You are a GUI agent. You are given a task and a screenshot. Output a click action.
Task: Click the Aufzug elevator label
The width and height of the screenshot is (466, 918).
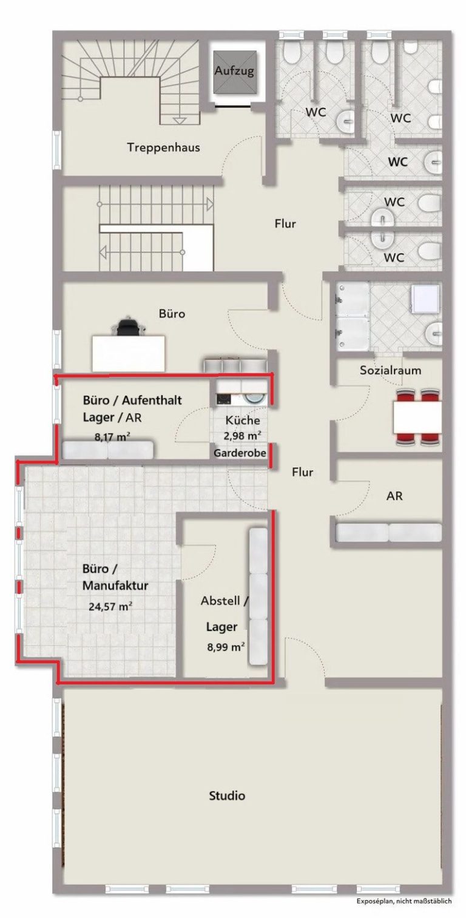[x=234, y=71]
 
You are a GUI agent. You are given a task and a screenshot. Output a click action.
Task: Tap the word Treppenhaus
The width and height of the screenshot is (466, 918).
[x=164, y=147]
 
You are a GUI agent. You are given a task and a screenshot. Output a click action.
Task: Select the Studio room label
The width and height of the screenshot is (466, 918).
[x=227, y=795]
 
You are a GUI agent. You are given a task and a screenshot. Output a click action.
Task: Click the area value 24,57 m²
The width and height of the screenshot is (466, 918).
[x=110, y=606]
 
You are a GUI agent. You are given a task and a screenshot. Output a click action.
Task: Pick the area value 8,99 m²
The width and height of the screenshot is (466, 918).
[x=226, y=647]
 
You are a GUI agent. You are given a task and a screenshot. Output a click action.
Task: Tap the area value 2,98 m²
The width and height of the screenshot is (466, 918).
[x=243, y=436]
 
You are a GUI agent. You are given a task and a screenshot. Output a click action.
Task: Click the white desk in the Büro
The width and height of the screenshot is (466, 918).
[x=129, y=353]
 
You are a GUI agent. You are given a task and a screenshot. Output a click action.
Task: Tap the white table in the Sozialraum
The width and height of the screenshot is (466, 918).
[x=417, y=417]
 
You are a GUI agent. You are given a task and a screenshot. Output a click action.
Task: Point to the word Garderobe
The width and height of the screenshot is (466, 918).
[x=240, y=453]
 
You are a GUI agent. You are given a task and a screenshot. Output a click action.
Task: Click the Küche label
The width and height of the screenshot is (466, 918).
[x=243, y=420]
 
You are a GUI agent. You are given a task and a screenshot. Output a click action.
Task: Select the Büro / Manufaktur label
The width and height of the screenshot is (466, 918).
[x=115, y=577]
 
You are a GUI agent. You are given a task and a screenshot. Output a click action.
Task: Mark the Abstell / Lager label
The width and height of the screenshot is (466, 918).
[x=224, y=613]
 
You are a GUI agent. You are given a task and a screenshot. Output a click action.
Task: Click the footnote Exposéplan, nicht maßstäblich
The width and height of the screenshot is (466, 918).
[x=404, y=909]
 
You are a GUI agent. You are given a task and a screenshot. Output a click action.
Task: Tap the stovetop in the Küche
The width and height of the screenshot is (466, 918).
[x=224, y=399]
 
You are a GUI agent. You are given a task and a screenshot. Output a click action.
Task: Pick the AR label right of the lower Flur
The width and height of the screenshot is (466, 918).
[x=394, y=496]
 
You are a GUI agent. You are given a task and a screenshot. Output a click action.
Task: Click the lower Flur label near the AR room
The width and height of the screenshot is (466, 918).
[x=302, y=472]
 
